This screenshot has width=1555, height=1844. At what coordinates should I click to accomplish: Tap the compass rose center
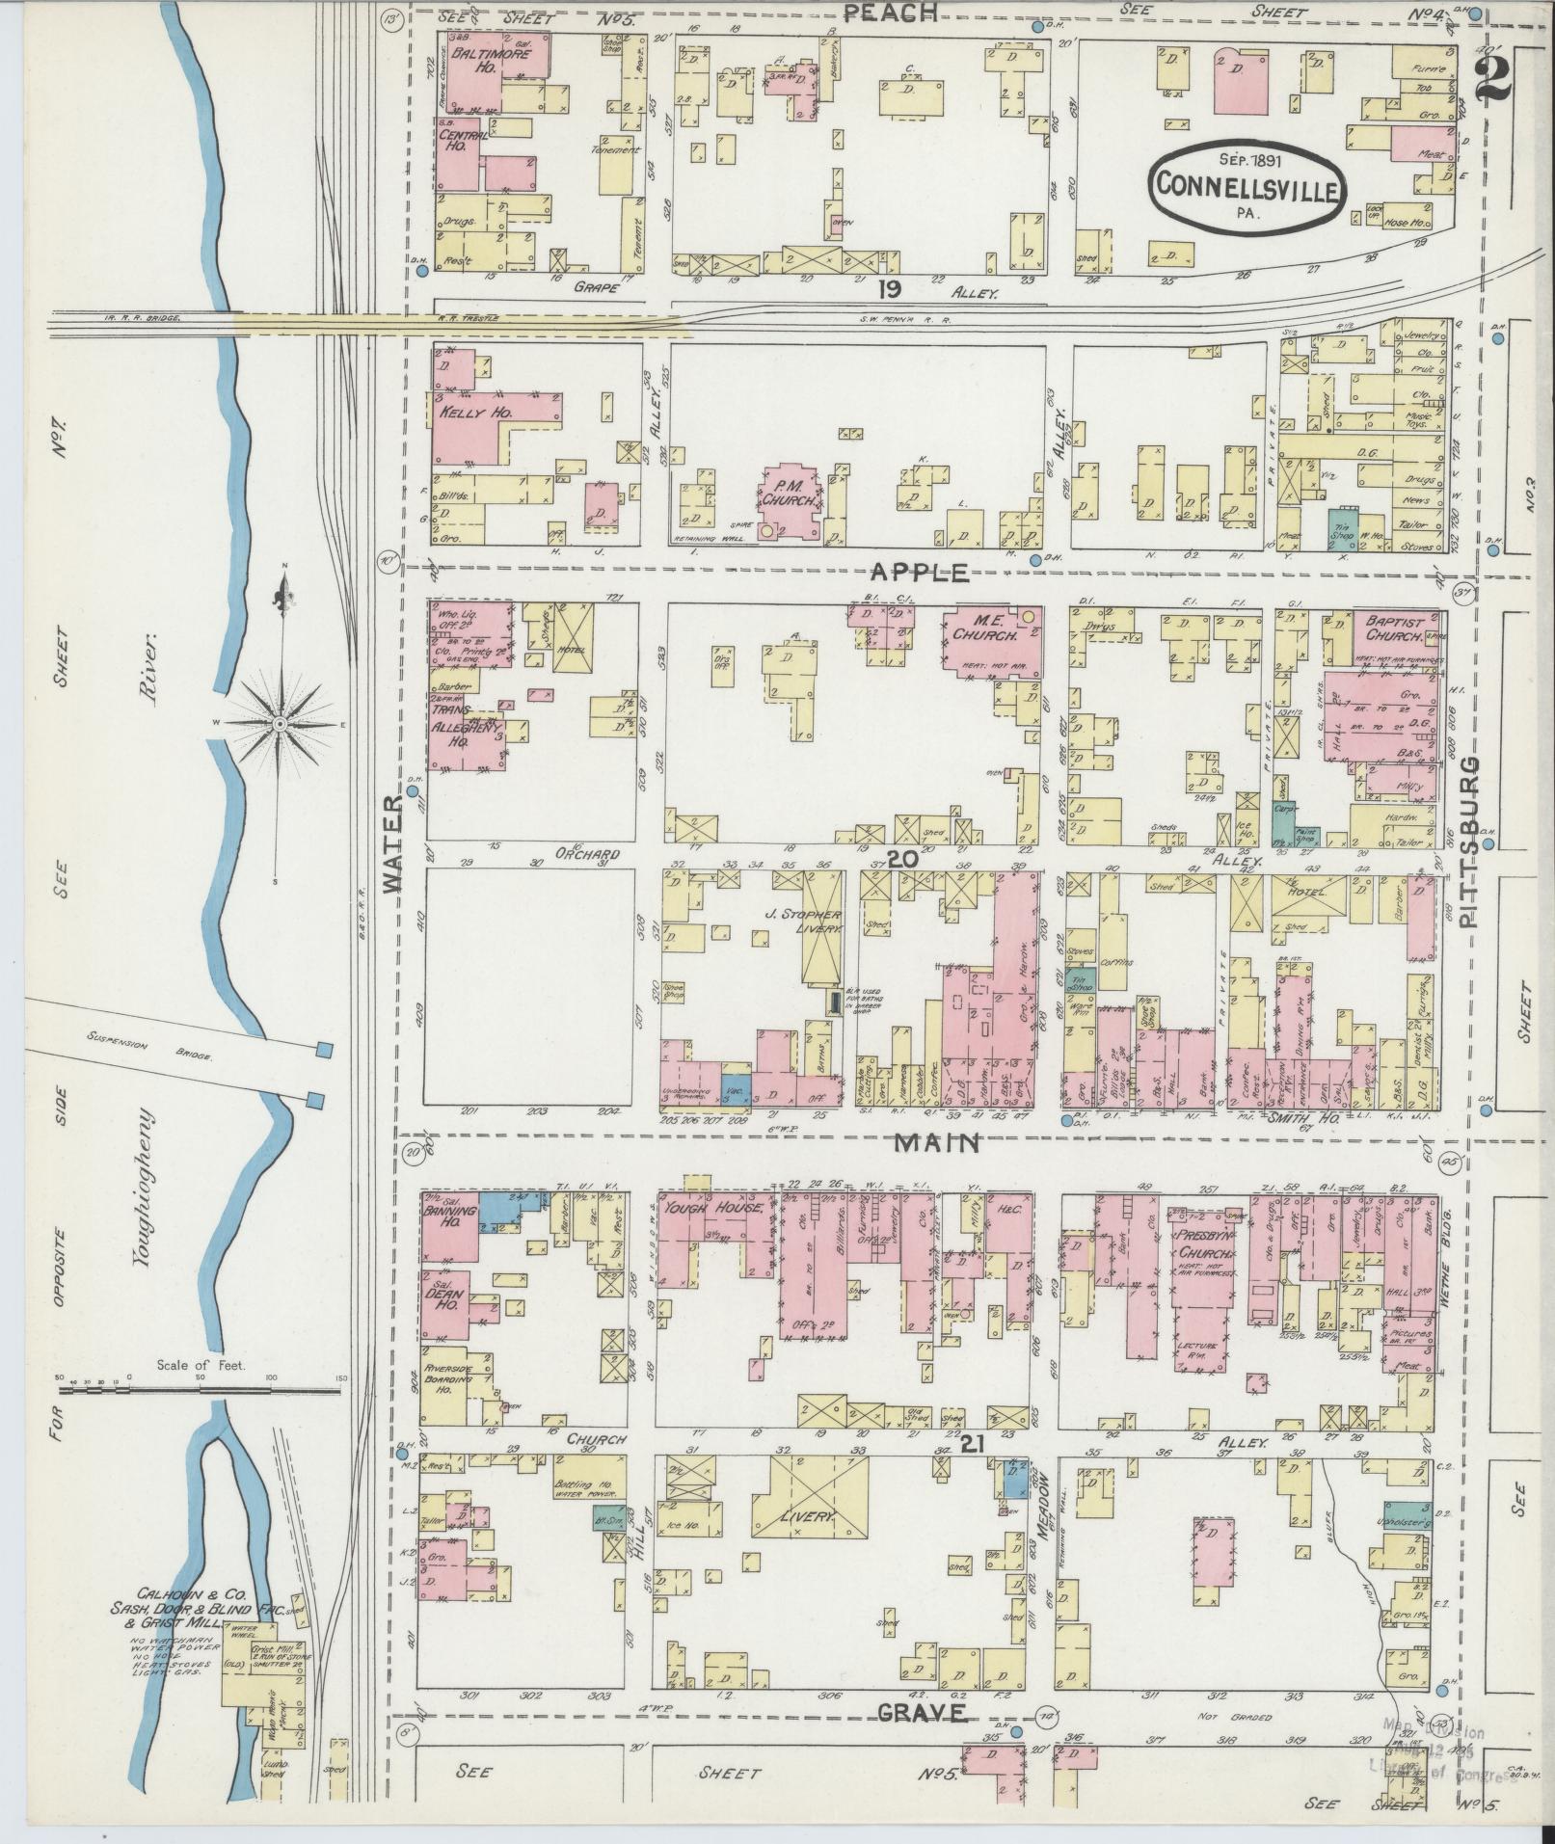[x=279, y=723]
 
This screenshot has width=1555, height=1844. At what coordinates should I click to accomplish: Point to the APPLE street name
[x=920, y=573]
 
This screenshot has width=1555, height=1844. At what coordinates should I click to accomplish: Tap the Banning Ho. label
[x=447, y=1211]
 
